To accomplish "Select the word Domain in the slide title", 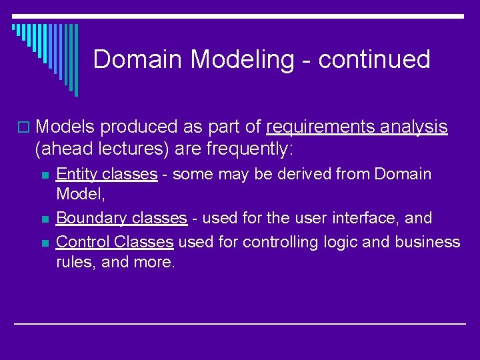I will [139, 60].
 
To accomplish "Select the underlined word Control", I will [83, 241].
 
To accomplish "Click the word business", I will [427, 241].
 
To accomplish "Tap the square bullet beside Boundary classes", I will [45, 219].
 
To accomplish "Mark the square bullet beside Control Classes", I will [45, 241].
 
